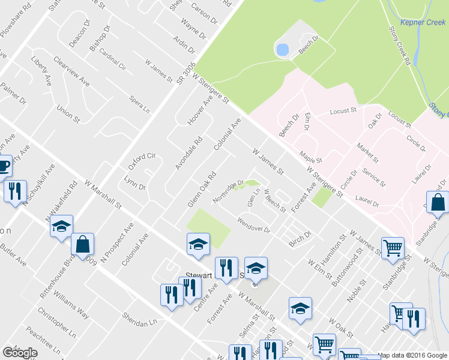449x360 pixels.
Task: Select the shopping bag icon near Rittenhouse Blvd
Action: [x=83, y=243]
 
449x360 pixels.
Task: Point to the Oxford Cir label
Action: [x=142, y=161]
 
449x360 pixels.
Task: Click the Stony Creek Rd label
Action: [x=400, y=45]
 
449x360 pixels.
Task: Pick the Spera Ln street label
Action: [x=139, y=102]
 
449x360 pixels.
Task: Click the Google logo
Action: [x=20, y=352]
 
